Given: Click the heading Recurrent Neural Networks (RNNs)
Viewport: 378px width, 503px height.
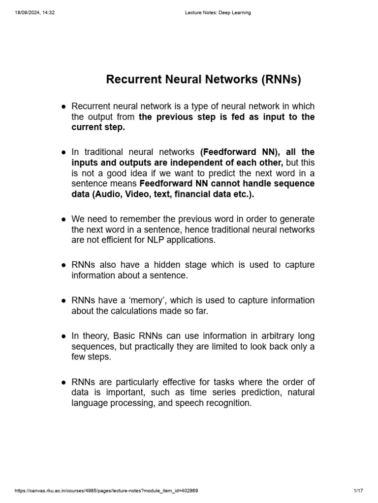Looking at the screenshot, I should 203,79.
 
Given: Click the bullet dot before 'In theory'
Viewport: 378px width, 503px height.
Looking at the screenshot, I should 64,336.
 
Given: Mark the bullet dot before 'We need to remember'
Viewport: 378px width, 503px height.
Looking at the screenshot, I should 64,219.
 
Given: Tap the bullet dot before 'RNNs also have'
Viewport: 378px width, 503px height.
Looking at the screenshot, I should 64,265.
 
